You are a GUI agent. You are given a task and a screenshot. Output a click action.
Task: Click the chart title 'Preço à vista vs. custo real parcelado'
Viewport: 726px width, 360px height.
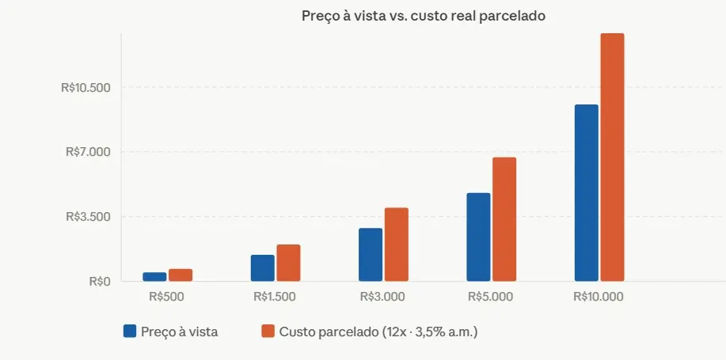(423, 16)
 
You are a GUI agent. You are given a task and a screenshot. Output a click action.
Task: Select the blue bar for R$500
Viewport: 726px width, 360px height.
(154, 277)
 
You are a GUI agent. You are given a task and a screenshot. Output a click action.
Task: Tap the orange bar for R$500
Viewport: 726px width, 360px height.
(181, 275)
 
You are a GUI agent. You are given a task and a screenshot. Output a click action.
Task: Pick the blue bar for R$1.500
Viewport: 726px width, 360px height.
(263, 268)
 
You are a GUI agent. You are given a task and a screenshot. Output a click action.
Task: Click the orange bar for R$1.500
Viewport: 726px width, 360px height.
(288, 263)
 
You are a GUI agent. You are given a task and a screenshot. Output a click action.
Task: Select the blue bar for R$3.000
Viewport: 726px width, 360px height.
(371, 255)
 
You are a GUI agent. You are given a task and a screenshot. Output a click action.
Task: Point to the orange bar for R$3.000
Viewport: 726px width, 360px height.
(396, 244)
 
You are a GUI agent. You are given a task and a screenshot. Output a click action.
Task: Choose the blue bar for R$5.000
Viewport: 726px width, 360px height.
(478, 237)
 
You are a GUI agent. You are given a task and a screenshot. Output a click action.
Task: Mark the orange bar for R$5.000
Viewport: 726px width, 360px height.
(504, 219)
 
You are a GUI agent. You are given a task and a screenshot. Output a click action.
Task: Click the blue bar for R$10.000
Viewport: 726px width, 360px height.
(586, 193)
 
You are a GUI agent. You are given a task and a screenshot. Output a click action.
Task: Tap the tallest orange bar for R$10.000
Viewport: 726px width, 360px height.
(612, 157)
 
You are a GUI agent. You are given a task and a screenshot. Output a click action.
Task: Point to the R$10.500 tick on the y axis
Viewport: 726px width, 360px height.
(86, 87)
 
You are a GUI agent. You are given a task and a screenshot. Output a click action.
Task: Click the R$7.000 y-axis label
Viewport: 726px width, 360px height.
(89, 152)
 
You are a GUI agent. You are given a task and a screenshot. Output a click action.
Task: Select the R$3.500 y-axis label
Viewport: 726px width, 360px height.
(89, 217)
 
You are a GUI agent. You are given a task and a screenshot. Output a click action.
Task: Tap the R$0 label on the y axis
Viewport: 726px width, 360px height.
(99, 281)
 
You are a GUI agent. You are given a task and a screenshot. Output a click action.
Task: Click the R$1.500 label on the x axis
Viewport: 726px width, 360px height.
(275, 297)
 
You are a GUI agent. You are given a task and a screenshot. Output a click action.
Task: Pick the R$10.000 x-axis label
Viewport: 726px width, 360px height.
(598, 297)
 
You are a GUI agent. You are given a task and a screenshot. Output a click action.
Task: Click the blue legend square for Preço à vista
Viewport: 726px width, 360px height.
(130, 332)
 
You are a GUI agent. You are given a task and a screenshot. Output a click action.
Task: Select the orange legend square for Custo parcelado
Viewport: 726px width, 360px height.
(268, 332)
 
